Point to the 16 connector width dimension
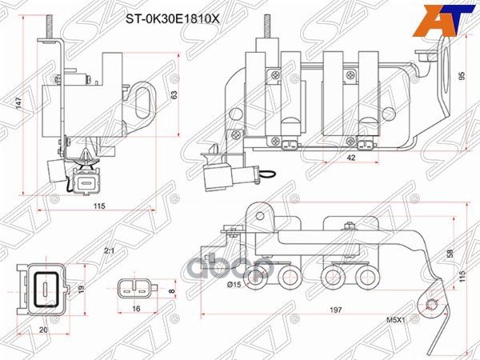[137, 308]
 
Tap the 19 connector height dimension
[81, 290]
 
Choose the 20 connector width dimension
[44, 328]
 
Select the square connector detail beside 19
[45, 287]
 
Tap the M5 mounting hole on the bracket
[433, 304]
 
